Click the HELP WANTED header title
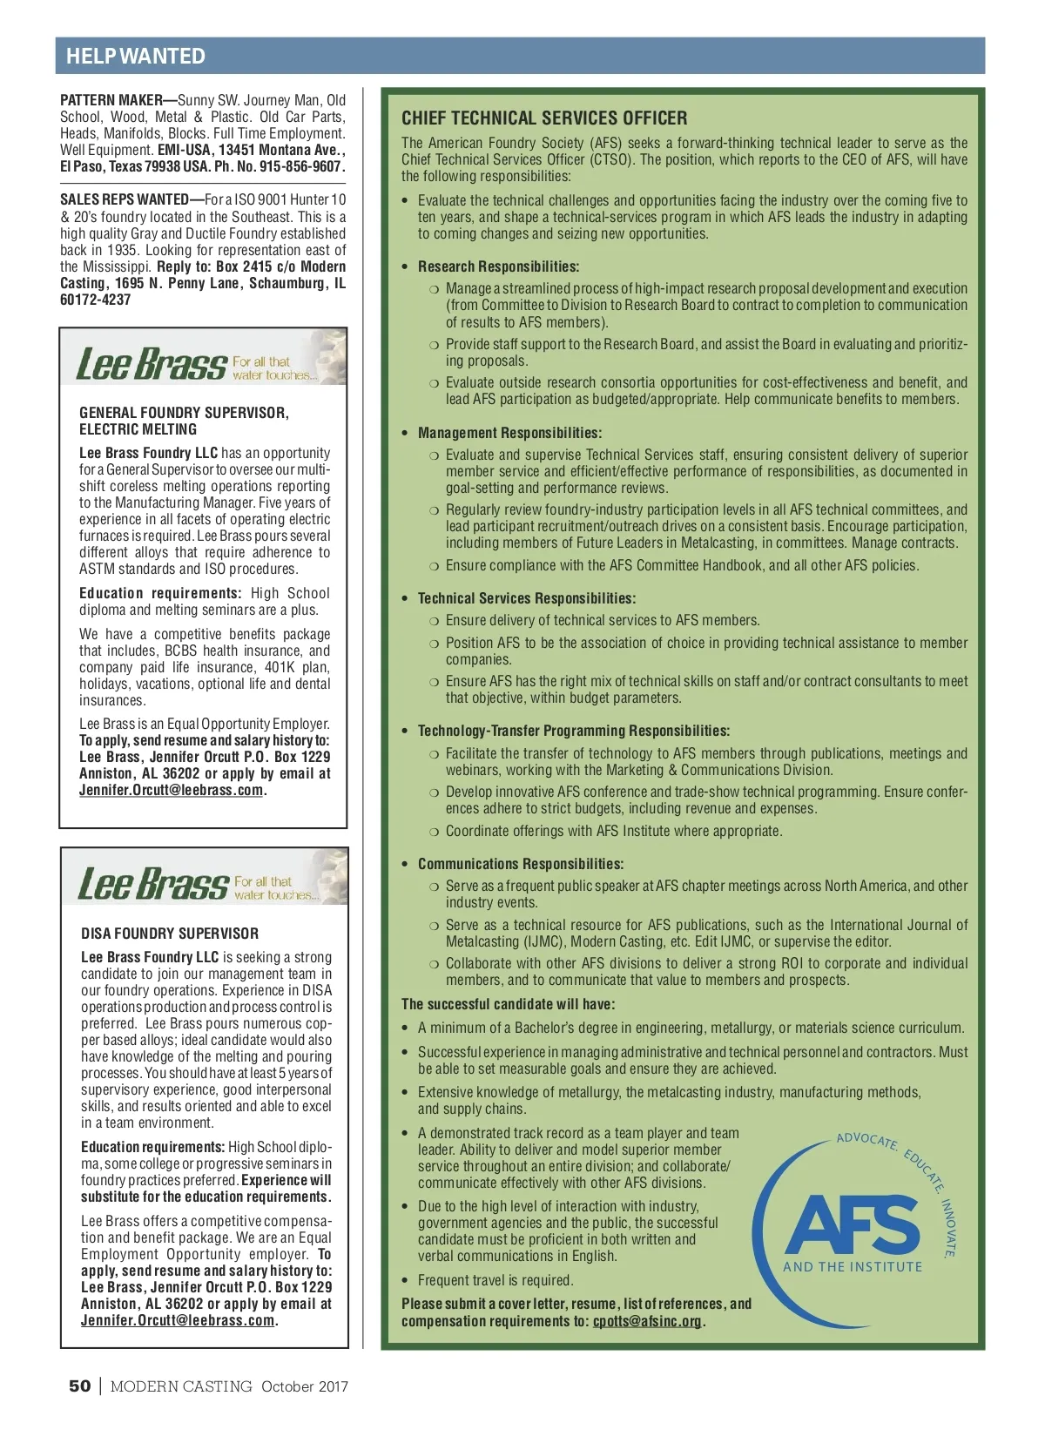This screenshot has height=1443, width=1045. point(136,57)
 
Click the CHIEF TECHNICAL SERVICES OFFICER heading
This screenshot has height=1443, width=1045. point(544,118)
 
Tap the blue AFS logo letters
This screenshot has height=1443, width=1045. point(853,1224)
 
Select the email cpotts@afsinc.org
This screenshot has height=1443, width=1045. point(647,1321)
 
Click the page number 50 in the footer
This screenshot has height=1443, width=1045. point(79,1386)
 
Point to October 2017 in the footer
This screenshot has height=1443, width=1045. point(305,1386)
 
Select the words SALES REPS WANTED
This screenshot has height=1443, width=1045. point(124,200)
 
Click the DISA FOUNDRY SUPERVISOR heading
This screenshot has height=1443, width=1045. point(170,934)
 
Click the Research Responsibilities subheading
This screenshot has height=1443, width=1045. point(498,266)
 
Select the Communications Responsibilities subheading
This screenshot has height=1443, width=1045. point(520,864)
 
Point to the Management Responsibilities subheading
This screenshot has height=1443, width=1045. point(509,433)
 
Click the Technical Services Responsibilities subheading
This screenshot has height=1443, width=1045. point(526,598)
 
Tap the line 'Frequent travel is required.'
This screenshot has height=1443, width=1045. point(495,1280)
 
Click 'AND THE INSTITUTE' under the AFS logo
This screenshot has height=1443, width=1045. point(853,1267)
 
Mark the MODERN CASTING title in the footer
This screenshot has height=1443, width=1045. point(181,1386)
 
